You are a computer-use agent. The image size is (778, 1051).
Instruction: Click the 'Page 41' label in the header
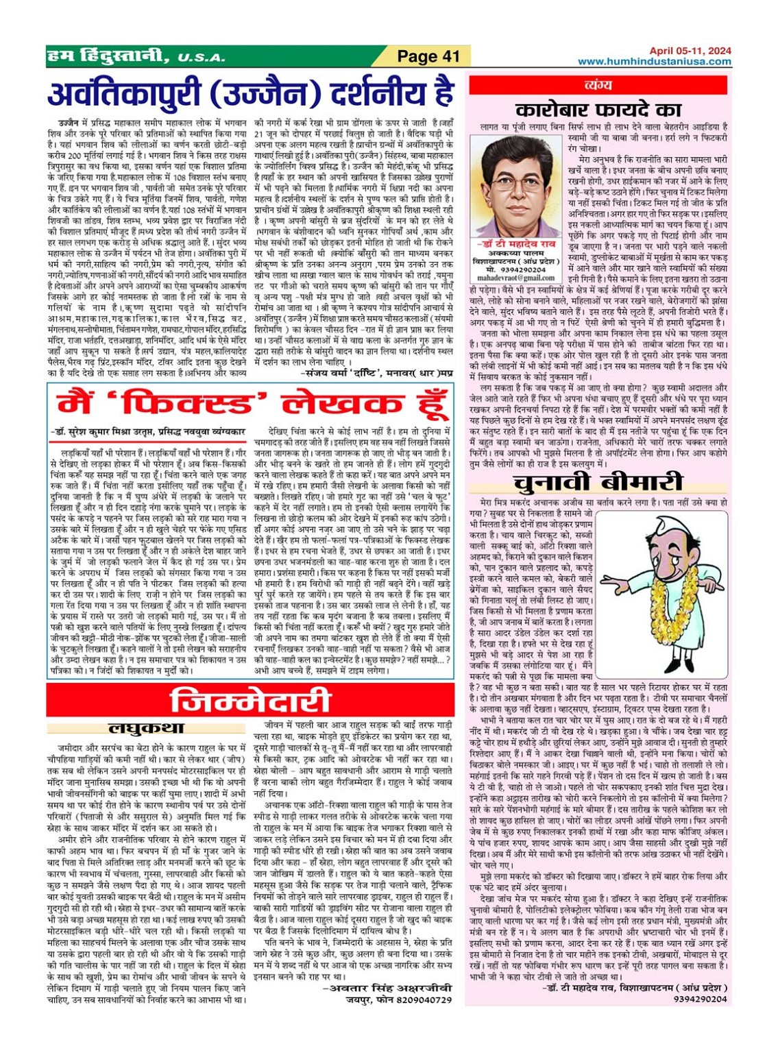pyautogui.click(x=428, y=56)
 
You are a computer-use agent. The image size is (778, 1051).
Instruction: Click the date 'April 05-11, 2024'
pyautogui.click(x=690, y=51)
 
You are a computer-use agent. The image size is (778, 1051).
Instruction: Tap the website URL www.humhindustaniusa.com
pyautogui.click(x=654, y=62)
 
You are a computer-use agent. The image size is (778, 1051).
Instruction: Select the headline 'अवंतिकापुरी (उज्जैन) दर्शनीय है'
pyautogui.click(x=250, y=93)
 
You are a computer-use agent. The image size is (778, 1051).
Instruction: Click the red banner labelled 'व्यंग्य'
pyautogui.click(x=598, y=85)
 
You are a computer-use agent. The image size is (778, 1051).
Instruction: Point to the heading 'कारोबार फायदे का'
pyautogui.click(x=598, y=110)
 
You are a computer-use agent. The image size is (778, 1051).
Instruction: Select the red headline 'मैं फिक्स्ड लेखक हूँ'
pyautogui.click(x=250, y=403)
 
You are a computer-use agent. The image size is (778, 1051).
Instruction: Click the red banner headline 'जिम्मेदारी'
pyautogui.click(x=250, y=701)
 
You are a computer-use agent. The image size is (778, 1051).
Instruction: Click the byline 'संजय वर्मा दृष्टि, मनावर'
pyautogui.click(x=377, y=372)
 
